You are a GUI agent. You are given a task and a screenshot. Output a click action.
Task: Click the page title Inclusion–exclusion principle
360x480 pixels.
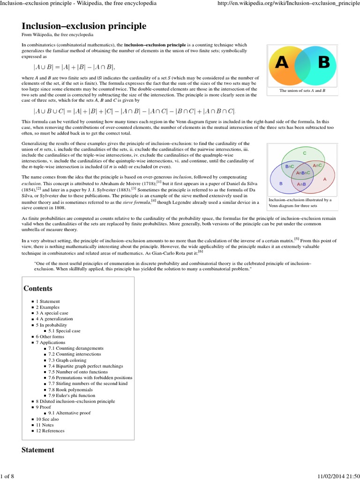(x=84, y=26)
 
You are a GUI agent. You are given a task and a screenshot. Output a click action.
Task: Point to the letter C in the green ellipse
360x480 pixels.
(x=305, y=153)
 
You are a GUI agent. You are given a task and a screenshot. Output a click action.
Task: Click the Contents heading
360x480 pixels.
(x=38, y=288)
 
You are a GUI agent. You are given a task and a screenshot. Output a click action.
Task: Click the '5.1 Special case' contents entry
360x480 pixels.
(x=64, y=330)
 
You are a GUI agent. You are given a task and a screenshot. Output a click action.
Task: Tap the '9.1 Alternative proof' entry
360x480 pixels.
(x=69, y=413)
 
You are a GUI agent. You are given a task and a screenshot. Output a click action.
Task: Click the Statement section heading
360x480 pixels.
(x=38, y=450)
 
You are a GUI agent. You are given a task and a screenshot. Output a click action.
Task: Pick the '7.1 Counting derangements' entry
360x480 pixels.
(x=76, y=348)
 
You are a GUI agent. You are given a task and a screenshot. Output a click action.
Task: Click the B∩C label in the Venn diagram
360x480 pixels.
(x=290, y=166)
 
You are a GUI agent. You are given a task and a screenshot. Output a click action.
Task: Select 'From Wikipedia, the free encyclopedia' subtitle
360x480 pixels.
(x=57, y=35)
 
